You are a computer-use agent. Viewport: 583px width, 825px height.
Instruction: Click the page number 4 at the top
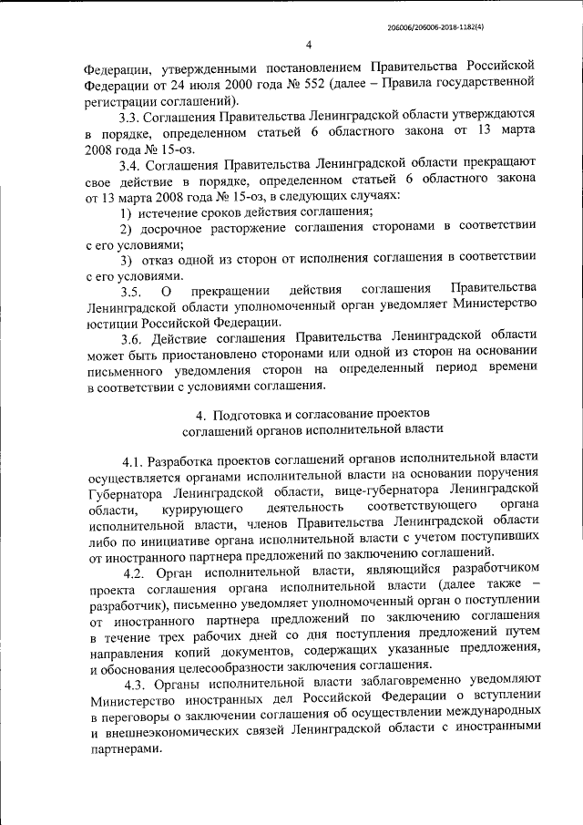309,45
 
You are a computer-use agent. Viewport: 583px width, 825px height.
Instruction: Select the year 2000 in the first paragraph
203,84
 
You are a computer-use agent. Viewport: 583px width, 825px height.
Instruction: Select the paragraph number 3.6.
131,339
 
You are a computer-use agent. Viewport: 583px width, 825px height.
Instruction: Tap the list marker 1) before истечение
128,211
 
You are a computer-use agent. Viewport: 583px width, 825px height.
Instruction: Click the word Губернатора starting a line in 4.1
128,489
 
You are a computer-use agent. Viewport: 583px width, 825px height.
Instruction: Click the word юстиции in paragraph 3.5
111,323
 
